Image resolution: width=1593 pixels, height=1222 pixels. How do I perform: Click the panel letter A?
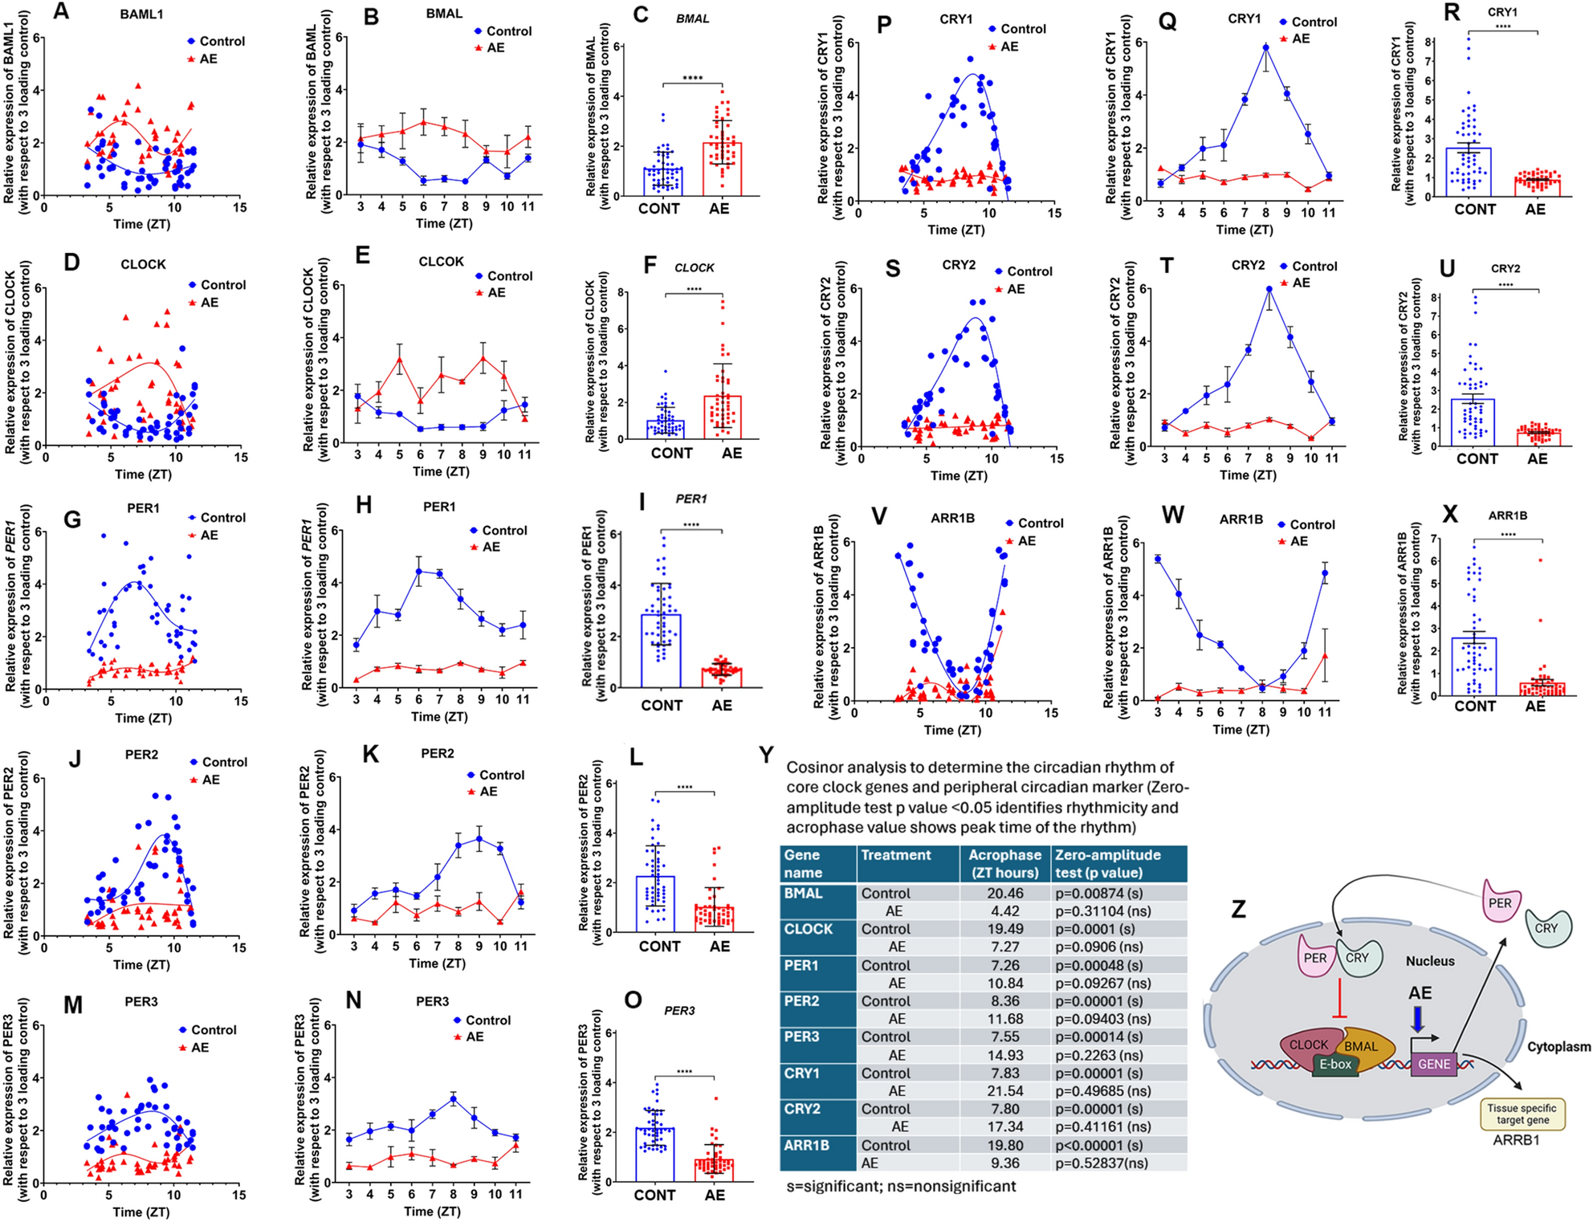pyautogui.click(x=61, y=12)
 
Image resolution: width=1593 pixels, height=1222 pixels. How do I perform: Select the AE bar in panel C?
pyautogui.click(x=721, y=169)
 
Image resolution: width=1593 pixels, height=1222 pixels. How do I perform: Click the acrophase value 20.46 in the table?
pyautogui.click(x=1005, y=894)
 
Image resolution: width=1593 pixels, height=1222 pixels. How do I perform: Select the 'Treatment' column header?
pyautogui.click(x=896, y=856)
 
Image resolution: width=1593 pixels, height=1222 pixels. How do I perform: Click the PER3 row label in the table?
pyautogui.click(x=802, y=1037)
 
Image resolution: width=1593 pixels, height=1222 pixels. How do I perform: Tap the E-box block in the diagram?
pyautogui.click(x=1336, y=1065)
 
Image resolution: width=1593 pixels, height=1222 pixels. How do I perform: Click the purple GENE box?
pyautogui.click(x=1434, y=1065)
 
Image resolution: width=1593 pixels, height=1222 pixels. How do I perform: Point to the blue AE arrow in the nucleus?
pyautogui.click(x=1419, y=1019)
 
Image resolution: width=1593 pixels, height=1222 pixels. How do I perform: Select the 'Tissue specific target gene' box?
pyautogui.click(x=1522, y=1114)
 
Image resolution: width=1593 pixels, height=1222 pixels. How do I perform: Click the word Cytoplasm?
pyautogui.click(x=1558, y=1047)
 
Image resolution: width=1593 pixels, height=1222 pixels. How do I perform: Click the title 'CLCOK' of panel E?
pyautogui.click(x=441, y=262)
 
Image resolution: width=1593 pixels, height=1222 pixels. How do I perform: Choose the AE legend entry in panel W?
pyautogui.click(x=1293, y=542)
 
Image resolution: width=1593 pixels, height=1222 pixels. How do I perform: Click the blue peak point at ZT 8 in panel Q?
pyautogui.click(x=1266, y=48)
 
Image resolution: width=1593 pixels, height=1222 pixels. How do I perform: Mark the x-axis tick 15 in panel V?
pyautogui.click(x=1051, y=713)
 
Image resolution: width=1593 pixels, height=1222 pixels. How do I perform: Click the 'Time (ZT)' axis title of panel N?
pyautogui.click(x=431, y=1212)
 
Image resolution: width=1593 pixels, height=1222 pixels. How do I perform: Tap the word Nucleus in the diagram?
pyautogui.click(x=1430, y=961)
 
